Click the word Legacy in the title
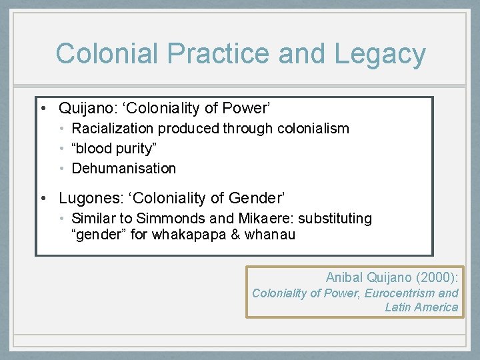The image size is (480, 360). tap(380, 54)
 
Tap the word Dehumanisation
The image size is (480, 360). tap(124, 169)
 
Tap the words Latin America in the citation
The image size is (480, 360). tap(421, 307)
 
